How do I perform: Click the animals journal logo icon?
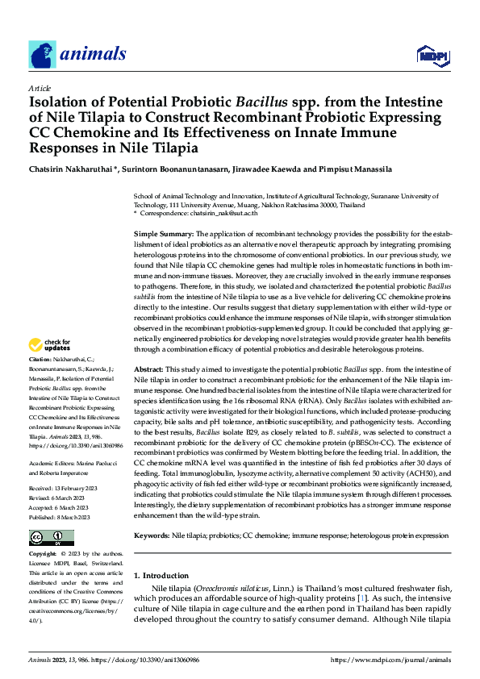point(43,54)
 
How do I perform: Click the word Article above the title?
point(40,87)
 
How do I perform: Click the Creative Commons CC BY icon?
point(52,514)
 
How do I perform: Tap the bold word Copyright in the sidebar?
point(44,531)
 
